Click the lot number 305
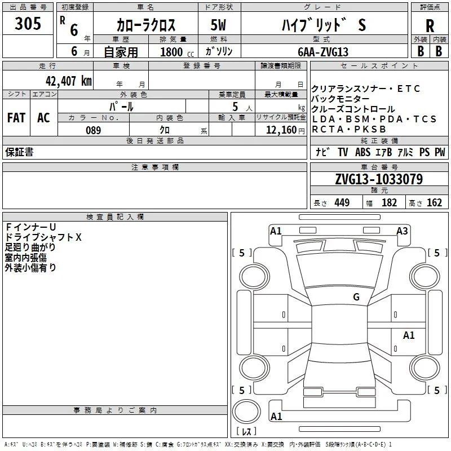tap(28, 23)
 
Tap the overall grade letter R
tap(430, 26)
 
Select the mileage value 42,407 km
tap(69, 81)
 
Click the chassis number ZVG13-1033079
tap(379, 179)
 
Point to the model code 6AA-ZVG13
tap(323, 52)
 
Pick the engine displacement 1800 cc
tap(177, 52)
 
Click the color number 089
tap(94, 130)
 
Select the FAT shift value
tap(16, 118)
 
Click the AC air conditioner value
tap(44, 118)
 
